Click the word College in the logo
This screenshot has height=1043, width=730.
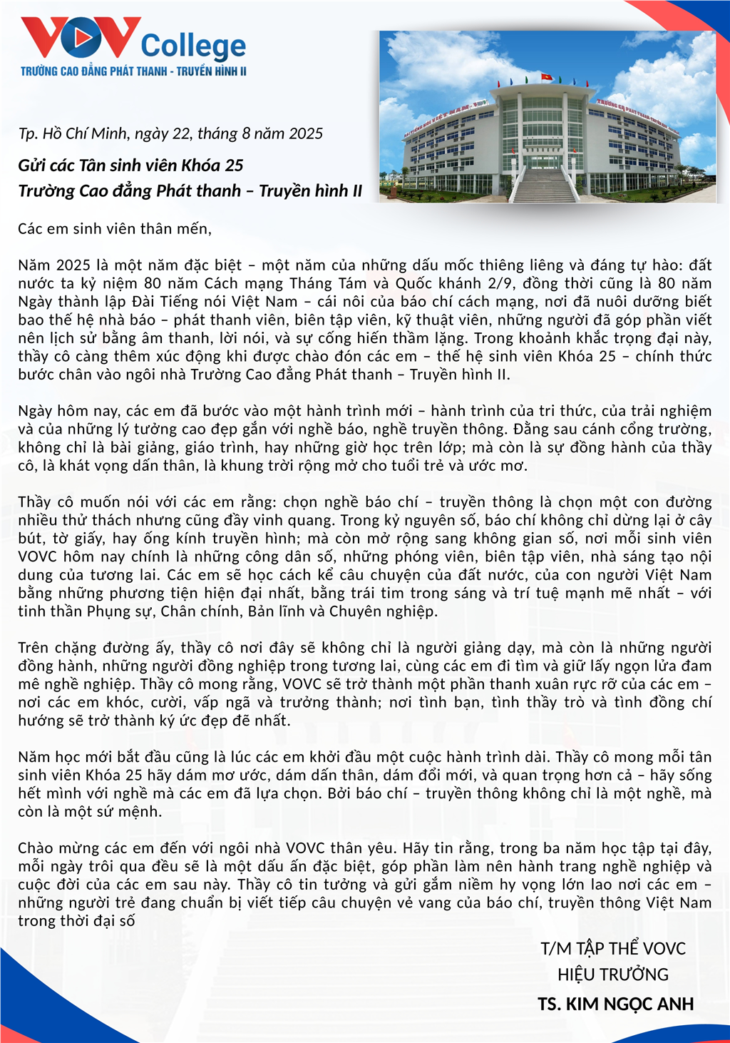tap(193, 46)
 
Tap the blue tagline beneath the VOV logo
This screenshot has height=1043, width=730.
tap(133, 71)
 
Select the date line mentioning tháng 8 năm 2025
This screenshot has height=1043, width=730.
tap(170, 133)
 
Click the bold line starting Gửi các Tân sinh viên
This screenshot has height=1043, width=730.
tap(130, 166)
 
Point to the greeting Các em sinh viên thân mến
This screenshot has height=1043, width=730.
tap(115, 228)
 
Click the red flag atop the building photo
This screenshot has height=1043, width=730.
tap(547, 76)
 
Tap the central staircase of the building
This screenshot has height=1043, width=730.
tap(544, 185)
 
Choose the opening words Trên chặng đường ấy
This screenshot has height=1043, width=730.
tap(96, 648)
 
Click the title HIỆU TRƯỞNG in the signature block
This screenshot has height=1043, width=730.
tap(613, 975)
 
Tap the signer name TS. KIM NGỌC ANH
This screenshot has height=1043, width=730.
tap(615, 1004)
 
